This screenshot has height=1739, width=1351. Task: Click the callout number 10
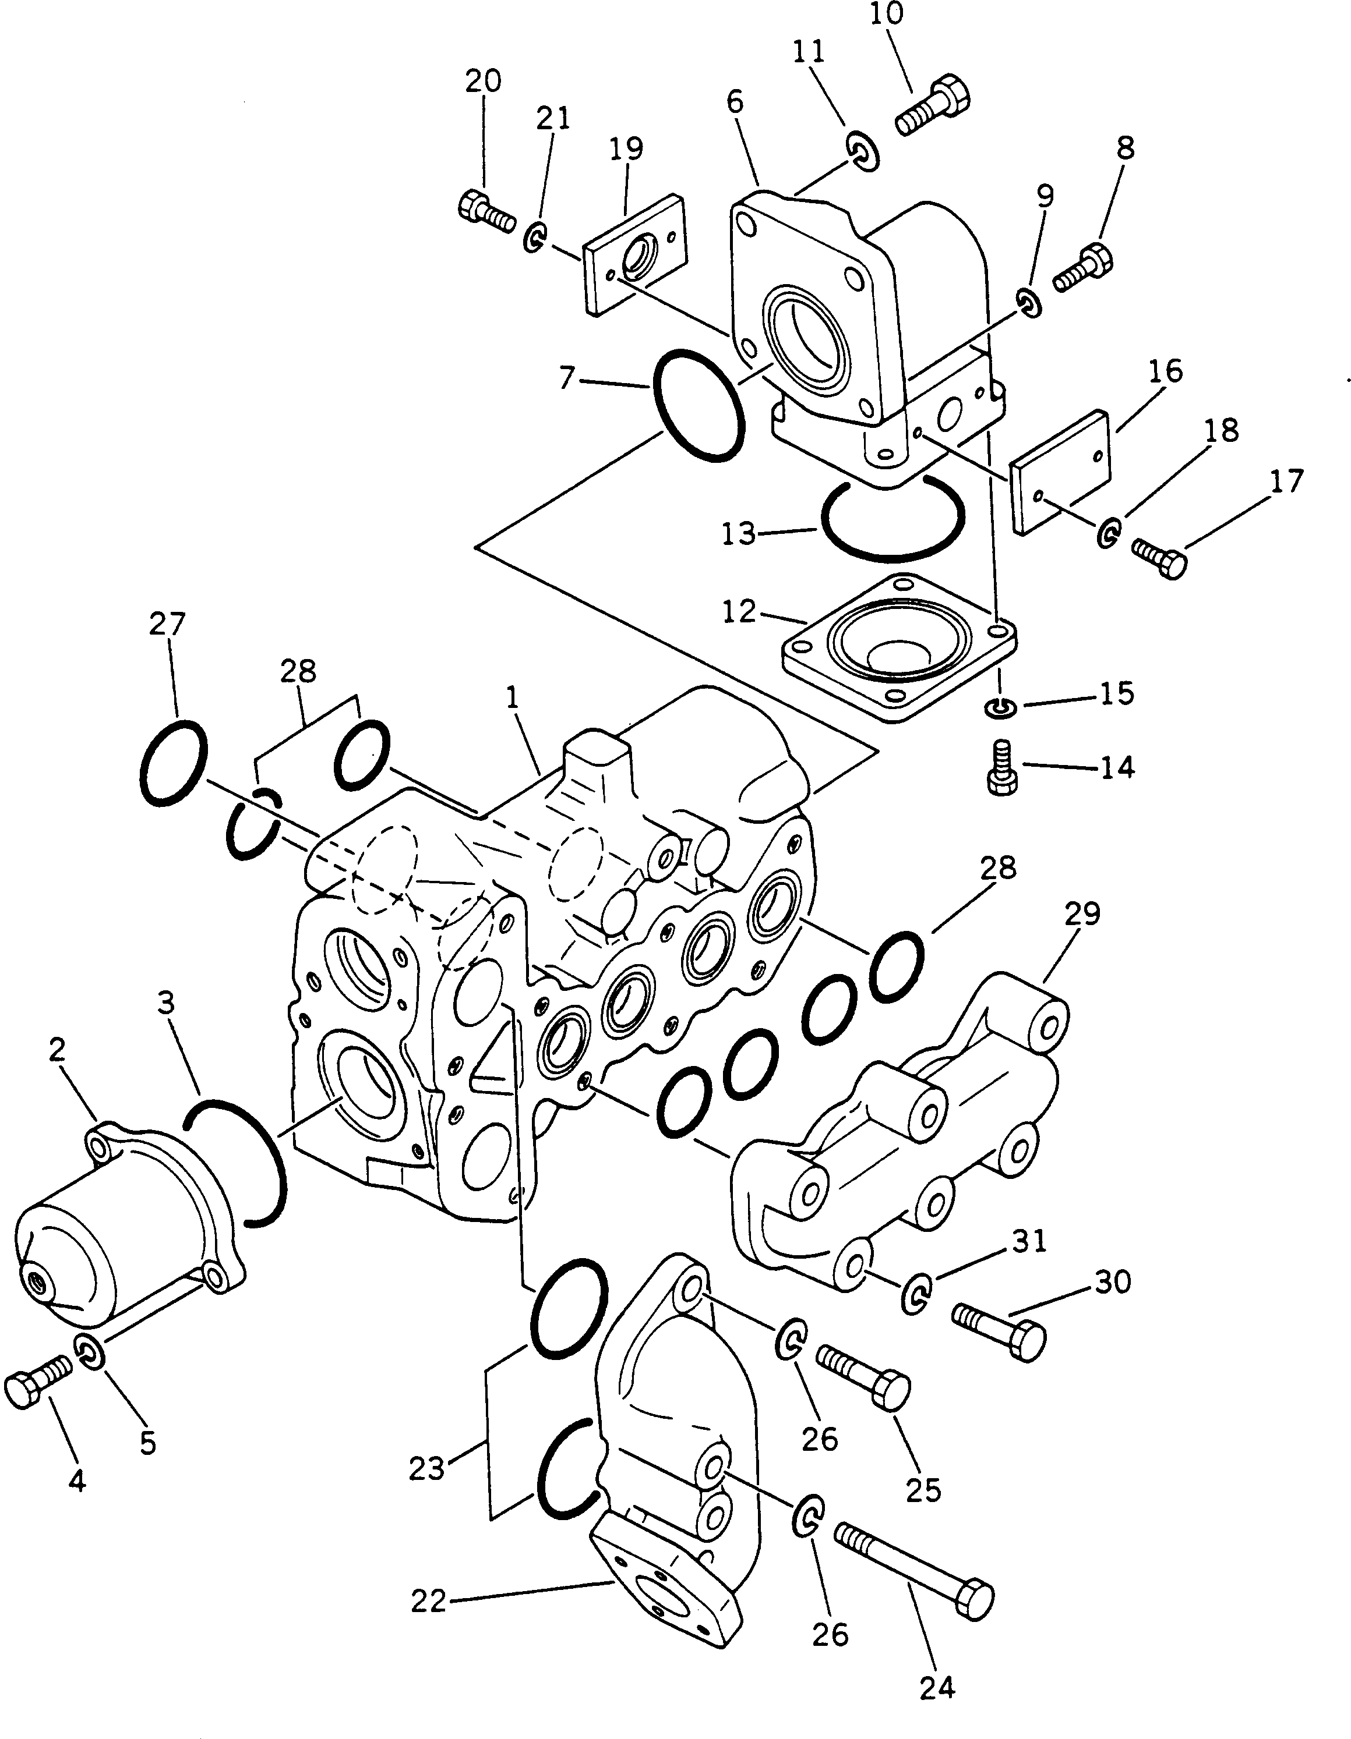click(x=887, y=15)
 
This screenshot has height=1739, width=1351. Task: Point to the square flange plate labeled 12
click(x=898, y=649)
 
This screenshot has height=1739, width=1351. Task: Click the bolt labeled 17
click(x=1160, y=557)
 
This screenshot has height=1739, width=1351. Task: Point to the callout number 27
click(x=167, y=624)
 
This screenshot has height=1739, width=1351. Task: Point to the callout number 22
click(x=429, y=1600)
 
